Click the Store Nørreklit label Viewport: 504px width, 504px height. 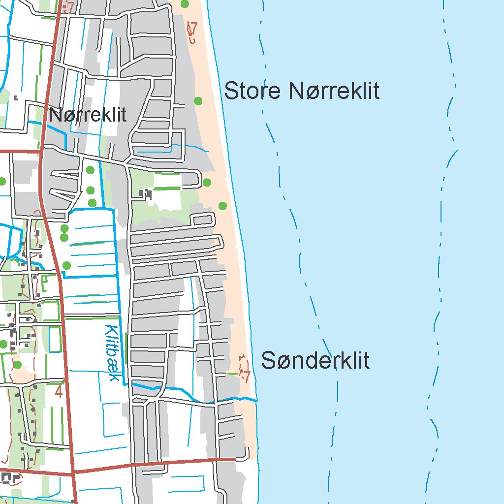tap(301, 92)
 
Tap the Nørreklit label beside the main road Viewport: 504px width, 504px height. tap(88, 115)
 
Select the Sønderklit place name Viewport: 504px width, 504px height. tap(315, 361)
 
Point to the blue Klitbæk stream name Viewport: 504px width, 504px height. tap(113, 353)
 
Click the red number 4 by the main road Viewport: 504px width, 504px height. tap(59, 392)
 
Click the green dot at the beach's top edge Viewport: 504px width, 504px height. tap(185, 4)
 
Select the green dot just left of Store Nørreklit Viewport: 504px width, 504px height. tap(198, 101)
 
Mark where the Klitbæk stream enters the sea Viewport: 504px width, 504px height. tap(256, 400)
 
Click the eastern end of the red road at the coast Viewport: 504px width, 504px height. tap(234, 459)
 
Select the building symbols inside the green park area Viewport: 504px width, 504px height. tap(146, 194)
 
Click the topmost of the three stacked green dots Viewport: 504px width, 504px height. tap(90, 170)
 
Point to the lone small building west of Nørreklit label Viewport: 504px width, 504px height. tap(16, 97)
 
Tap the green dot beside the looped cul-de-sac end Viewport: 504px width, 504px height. tap(206, 183)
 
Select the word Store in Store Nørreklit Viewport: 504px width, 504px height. tap(252, 92)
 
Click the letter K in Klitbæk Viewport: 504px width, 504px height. tap(111, 332)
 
